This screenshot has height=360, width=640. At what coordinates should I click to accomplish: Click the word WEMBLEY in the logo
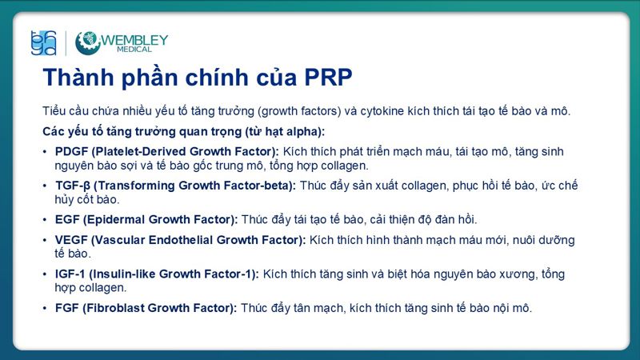[x=134, y=38]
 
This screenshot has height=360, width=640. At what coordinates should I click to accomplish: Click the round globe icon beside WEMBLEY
[x=87, y=42]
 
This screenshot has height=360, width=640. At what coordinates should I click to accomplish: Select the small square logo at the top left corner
[x=42, y=42]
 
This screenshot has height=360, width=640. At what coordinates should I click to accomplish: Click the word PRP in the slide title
[x=323, y=78]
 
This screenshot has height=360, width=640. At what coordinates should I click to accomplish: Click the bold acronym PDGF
[x=71, y=151]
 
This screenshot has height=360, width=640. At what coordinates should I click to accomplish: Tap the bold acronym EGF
[x=68, y=218]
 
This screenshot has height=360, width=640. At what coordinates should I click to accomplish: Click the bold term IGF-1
[x=70, y=274]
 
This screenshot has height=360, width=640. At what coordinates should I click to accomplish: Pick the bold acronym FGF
[x=68, y=307]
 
